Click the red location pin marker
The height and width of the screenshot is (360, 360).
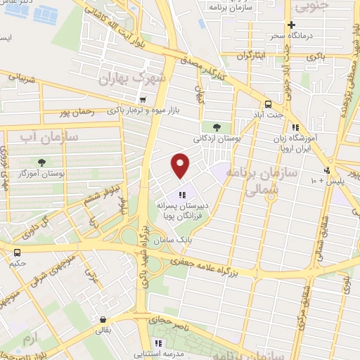(x=181, y=166)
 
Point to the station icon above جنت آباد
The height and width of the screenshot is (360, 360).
(x=270, y=101)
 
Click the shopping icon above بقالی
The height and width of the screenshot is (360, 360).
(x=103, y=319)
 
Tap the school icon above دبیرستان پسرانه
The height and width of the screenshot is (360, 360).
(x=183, y=195)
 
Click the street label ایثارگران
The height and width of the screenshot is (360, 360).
(x=250, y=56)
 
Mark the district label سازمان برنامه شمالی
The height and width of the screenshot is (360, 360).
(x=268, y=180)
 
